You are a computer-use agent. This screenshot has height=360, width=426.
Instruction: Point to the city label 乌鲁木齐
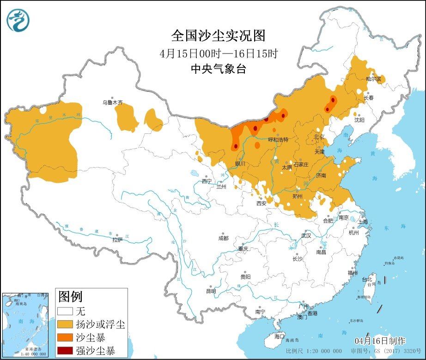point(113,102)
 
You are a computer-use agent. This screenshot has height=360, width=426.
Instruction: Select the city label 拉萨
point(117,240)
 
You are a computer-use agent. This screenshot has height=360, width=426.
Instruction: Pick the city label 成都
point(223,238)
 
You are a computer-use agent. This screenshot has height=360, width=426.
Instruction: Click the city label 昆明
point(211,291)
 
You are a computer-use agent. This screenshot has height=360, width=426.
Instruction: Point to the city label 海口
point(279,336)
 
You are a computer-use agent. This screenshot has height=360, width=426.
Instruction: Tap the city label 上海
point(363,222)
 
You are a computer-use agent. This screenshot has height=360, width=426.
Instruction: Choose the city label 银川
point(240,163)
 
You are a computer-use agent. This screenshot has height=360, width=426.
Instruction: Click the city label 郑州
point(298,196)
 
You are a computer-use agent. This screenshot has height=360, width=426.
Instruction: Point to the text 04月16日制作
point(380,341)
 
